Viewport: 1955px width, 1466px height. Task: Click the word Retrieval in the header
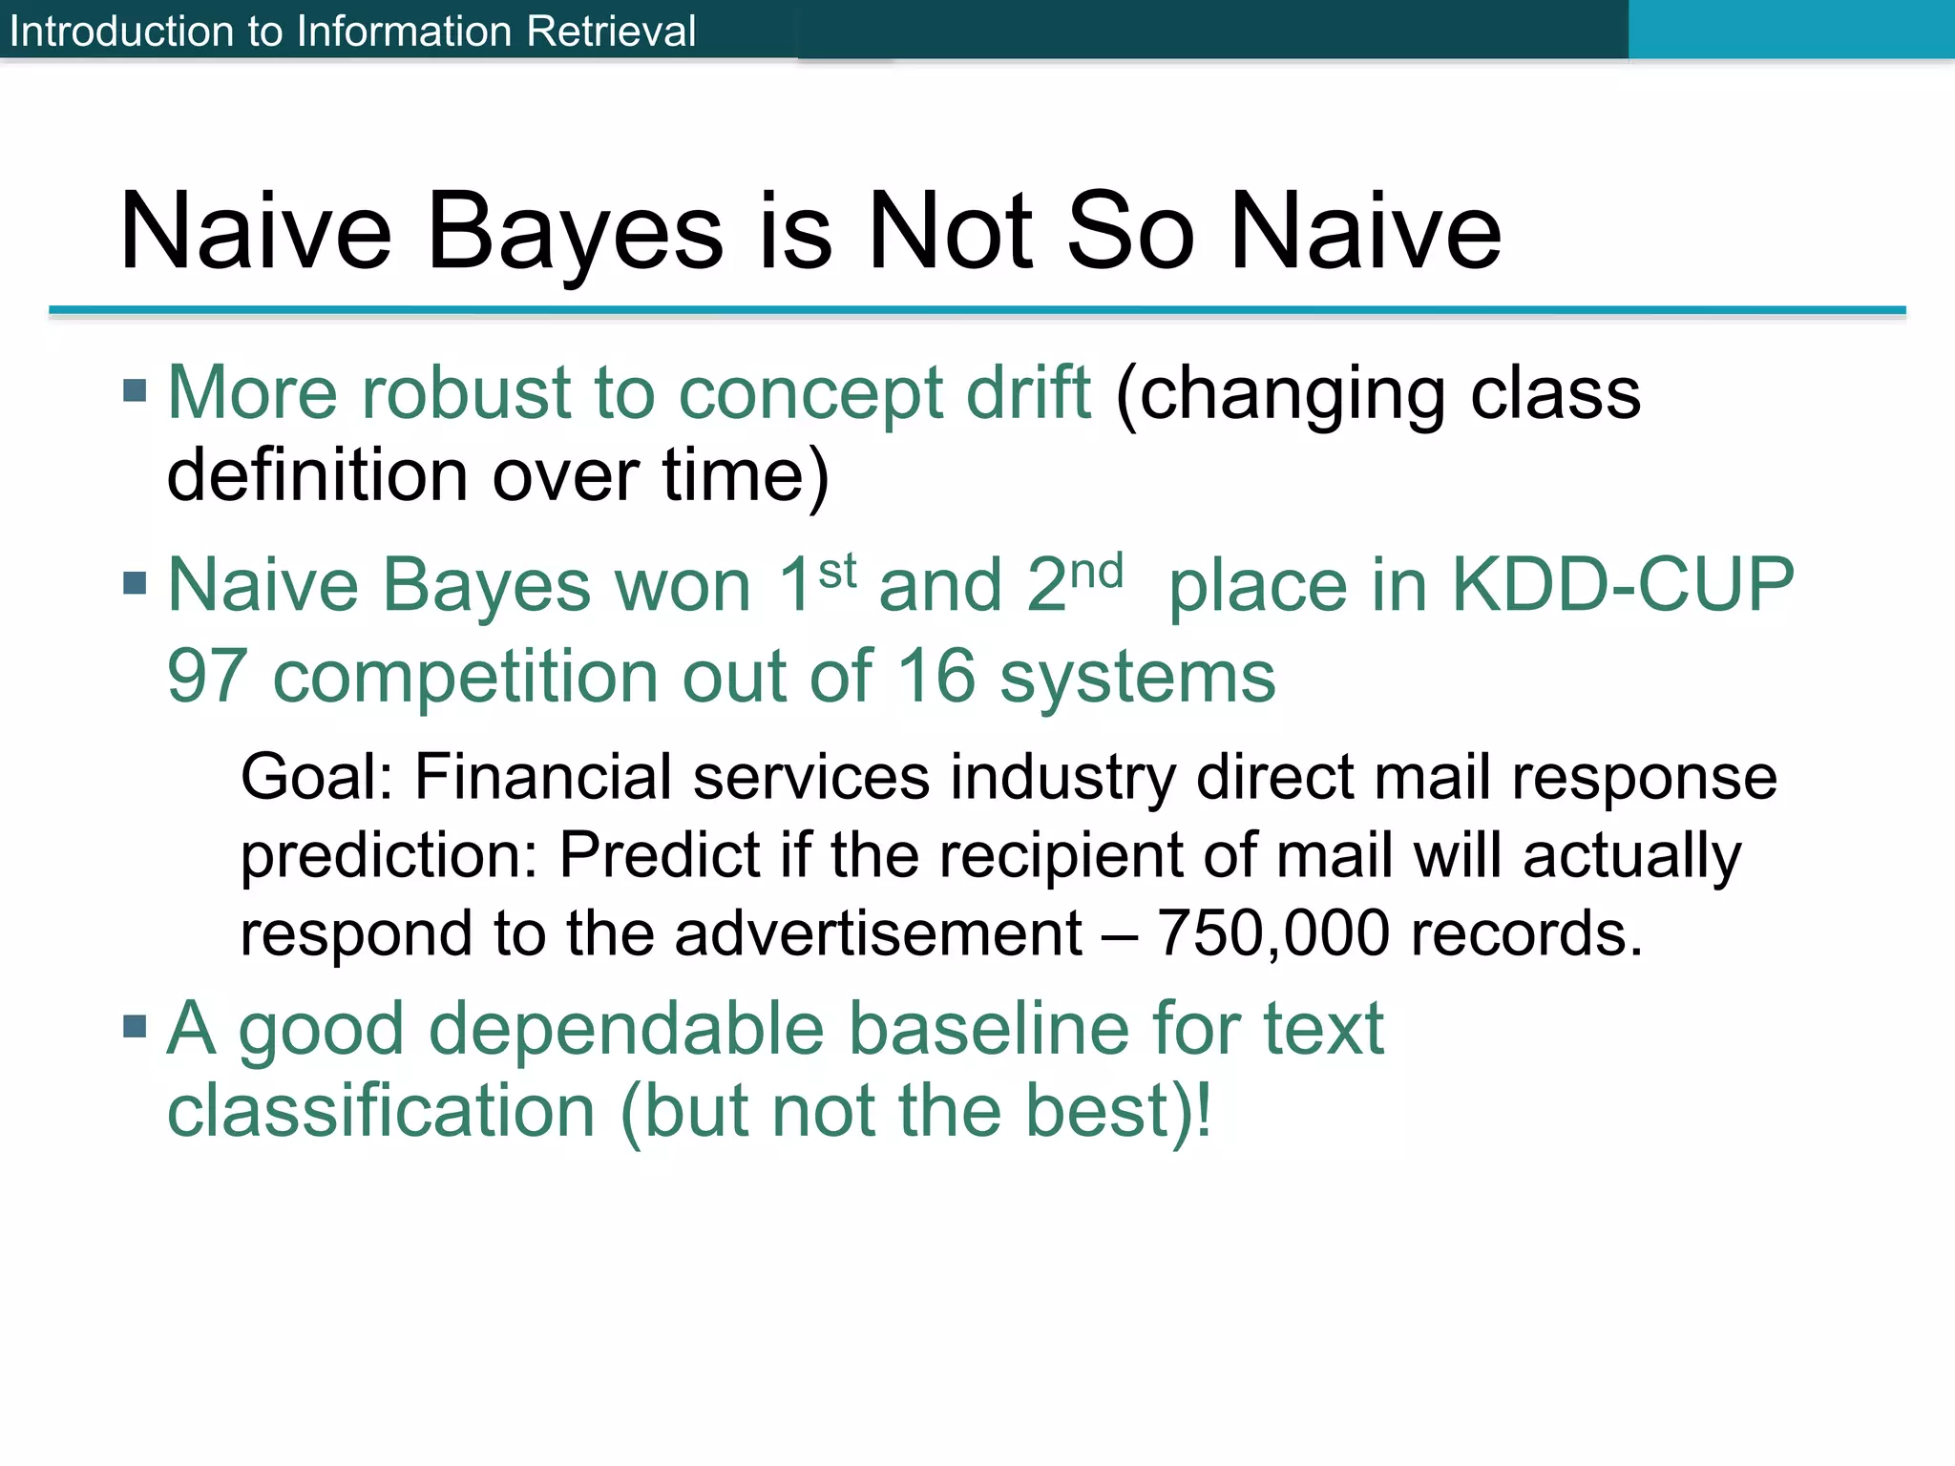[610, 31]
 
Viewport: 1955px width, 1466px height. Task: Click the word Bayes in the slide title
[575, 232]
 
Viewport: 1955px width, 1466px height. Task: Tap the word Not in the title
[950, 232]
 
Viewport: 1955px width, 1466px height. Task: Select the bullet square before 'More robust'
[135, 390]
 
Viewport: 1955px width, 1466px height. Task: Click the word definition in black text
[317, 475]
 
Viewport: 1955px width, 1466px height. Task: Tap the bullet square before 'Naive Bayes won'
[135, 582]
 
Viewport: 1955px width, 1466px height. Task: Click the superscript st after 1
[837, 572]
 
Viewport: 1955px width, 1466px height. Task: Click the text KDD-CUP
[1622, 584]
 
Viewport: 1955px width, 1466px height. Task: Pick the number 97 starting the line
[207, 676]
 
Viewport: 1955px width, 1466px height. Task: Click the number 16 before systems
[935, 676]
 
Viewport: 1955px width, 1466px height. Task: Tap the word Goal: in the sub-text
[316, 777]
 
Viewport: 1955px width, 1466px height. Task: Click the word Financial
[543, 777]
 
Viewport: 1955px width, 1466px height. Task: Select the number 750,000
[1272, 932]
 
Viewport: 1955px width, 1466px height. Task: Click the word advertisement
[877, 932]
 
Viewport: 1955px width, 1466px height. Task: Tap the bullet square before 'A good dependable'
[135, 1027]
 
